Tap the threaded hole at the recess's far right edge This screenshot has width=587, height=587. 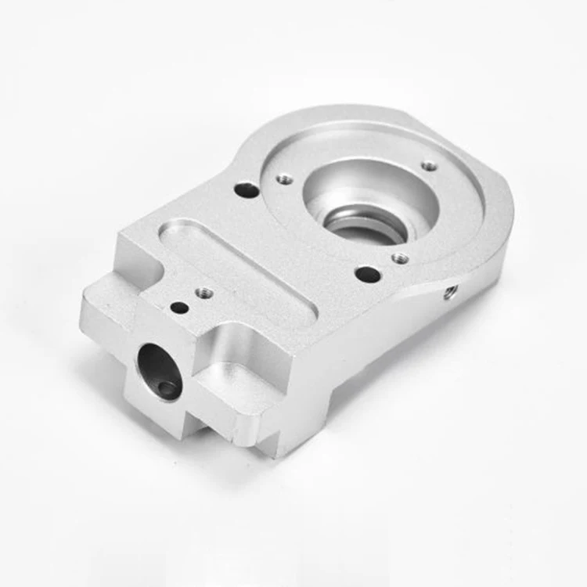pos(429,166)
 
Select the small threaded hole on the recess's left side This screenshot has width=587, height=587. pos(285,179)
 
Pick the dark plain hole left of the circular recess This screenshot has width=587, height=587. pos(247,189)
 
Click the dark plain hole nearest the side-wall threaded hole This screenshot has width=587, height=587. pos(368,274)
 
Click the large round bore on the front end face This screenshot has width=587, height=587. pos(160,371)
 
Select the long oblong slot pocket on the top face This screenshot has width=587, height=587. pos(235,270)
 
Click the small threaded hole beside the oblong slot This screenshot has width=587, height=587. pos(203,292)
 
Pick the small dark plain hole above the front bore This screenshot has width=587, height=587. pos(179,308)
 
